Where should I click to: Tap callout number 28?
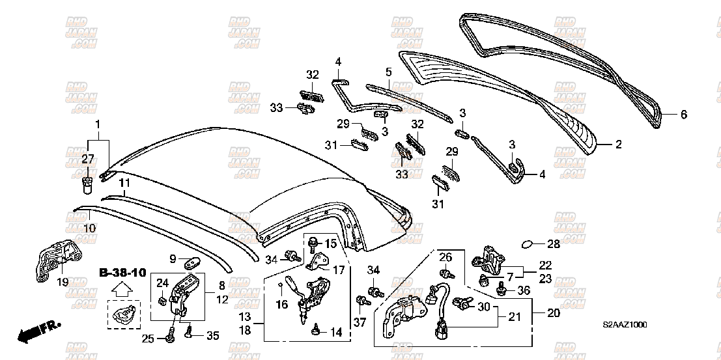pyautogui.click(x=553, y=245)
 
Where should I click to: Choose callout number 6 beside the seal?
pyautogui.click(x=683, y=115)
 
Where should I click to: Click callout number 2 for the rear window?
pyautogui.click(x=618, y=145)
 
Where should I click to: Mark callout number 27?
pyautogui.click(x=88, y=158)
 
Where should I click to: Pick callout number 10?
pyautogui.click(x=89, y=228)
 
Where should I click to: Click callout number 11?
pyautogui.click(x=124, y=183)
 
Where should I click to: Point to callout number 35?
pyautogui.click(x=212, y=335)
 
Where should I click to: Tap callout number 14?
pyautogui.click(x=335, y=332)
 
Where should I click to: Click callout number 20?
pyautogui.click(x=553, y=312)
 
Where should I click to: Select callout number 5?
pyautogui.click(x=388, y=72)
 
